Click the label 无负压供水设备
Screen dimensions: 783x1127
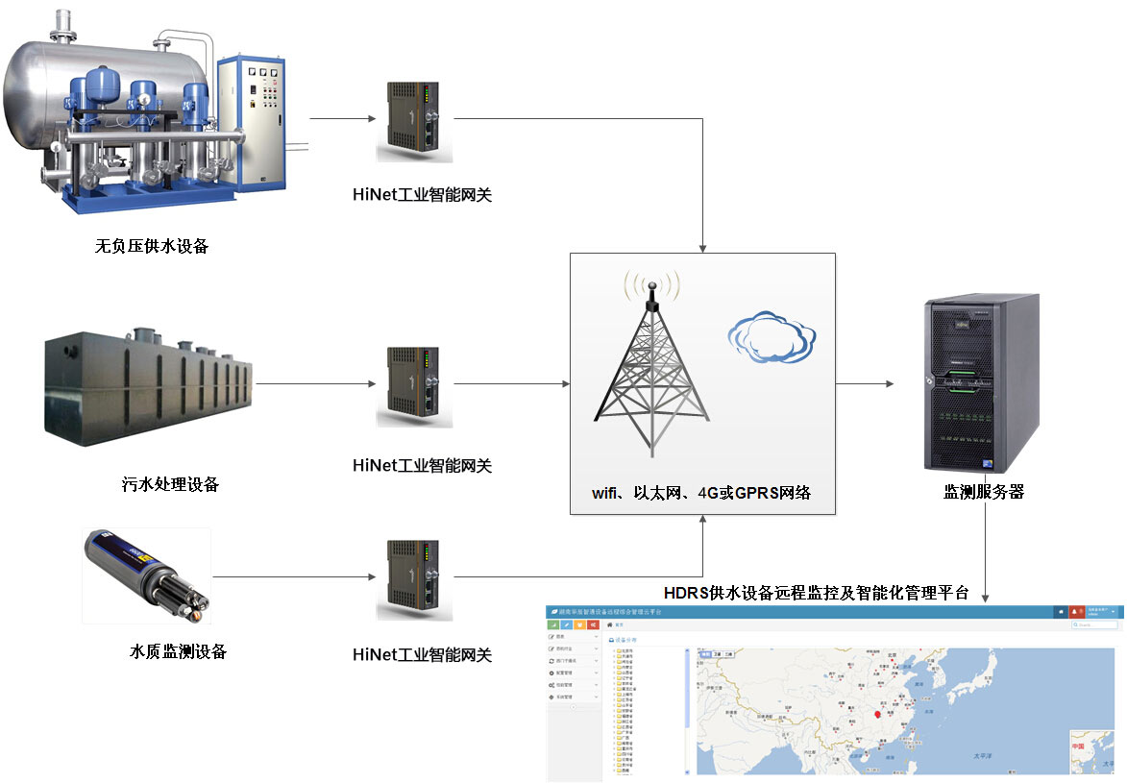[152, 246]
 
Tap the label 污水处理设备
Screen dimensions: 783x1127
[163, 484]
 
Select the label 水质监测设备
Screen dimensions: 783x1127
[179, 651]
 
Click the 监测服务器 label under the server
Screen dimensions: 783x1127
[984, 492]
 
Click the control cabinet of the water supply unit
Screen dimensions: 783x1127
[252, 119]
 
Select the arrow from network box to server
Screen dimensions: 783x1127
[865, 384]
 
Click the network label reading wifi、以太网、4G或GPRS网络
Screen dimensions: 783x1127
[701, 493]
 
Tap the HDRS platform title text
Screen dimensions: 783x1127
[817, 592]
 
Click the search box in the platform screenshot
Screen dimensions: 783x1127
[1095, 624]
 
